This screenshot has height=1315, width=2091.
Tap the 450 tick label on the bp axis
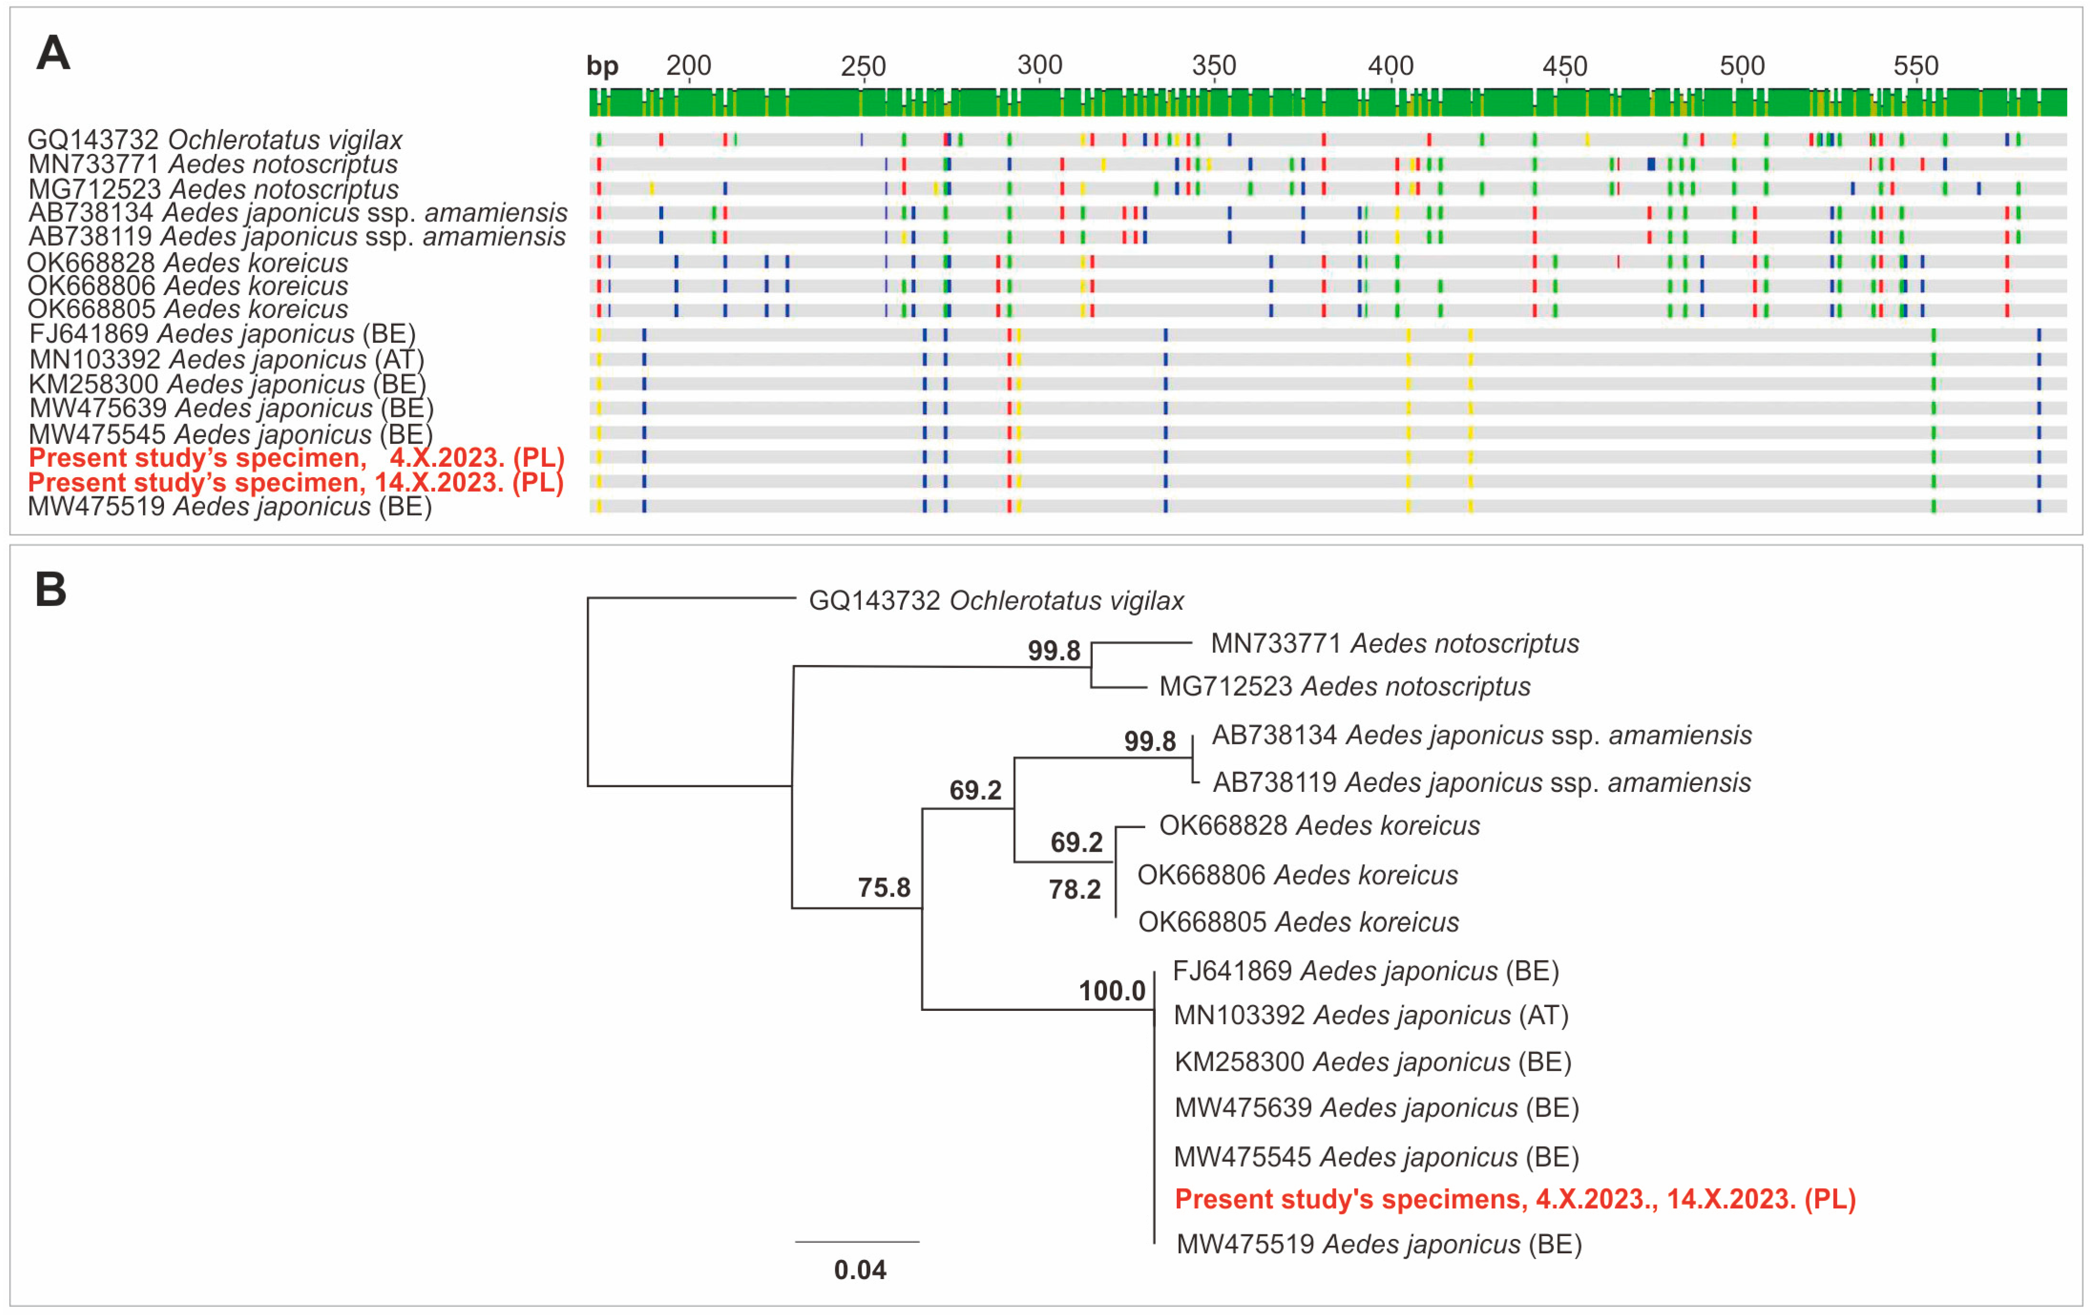click(x=1565, y=66)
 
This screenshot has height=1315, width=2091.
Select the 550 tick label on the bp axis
click(x=1916, y=66)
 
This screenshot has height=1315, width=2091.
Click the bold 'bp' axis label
click(x=602, y=66)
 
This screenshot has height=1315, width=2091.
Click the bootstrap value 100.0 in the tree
click(x=1112, y=991)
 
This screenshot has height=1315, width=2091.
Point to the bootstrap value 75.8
click(x=884, y=888)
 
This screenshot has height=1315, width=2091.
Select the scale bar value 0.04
click(x=860, y=1270)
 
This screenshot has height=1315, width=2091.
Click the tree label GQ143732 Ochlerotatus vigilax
click(x=996, y=601)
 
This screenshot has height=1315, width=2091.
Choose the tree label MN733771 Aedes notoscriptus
click(x=1395, y=644)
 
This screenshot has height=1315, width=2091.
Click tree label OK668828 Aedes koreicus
click(x=1319, y=825)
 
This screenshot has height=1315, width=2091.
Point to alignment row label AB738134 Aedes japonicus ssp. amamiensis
click(x=298, y=213)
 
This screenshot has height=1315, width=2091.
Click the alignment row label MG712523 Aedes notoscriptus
click(x=214, y=188)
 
